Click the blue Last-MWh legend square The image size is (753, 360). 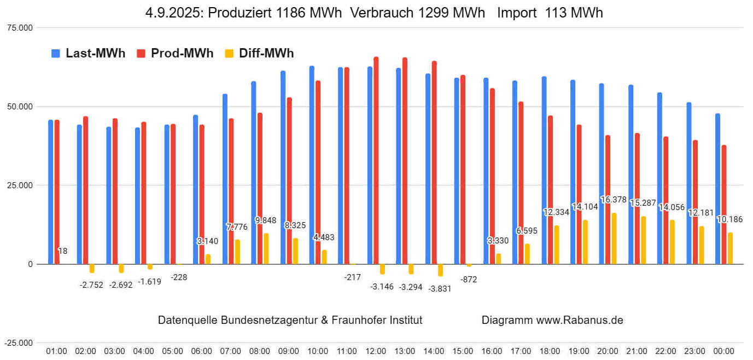[55, 53]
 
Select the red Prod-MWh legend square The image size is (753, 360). [141, 53]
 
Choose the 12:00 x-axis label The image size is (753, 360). [376, 351]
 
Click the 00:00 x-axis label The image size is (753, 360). [723, 351]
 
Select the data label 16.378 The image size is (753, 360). [614, 200]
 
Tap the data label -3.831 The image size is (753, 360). [440, 288]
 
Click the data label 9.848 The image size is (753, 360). [266, 220]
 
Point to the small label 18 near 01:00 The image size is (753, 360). [63, 251]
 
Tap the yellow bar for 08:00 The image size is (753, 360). [266, 249]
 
